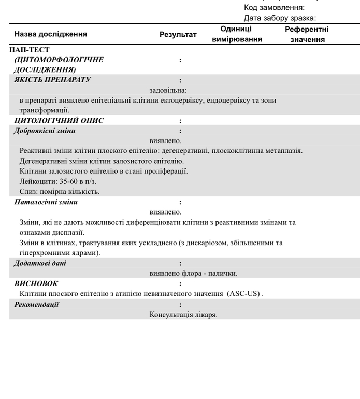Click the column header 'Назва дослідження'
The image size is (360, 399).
point(51,34)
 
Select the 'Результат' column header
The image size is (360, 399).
point(178,35)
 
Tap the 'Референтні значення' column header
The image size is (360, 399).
point(307,34)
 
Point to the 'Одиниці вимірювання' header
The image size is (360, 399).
point(237,34)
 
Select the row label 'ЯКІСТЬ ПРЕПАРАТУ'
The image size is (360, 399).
point(52,80)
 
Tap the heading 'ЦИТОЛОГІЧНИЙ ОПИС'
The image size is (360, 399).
point(59,121)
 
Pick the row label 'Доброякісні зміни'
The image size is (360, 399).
point(45,131)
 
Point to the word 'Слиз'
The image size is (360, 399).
point(28,191)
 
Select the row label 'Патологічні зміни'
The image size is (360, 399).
point(46,202)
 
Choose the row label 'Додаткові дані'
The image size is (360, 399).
point(40,263)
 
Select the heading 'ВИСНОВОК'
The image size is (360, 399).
point(36,283)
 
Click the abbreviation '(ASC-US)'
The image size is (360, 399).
point(243,294)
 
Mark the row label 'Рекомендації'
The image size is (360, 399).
point(36,304)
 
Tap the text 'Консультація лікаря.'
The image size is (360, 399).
point(183,315)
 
